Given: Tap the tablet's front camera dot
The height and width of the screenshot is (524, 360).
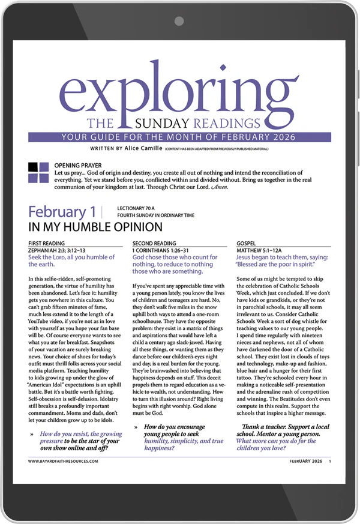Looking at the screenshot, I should pyautogui.click(x=179, y=21).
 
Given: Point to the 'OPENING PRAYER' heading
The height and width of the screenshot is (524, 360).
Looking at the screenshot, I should pyautogui.click(x=78, y=165).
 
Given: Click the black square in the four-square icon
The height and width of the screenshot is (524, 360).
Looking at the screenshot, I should pyautogui.click(x=33, y=167).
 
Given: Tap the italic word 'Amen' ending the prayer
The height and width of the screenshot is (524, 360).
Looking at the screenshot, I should pyautogui.click(x=221, y=187).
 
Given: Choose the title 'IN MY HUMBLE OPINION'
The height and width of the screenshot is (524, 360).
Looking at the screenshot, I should pyautogui.click(x=95, y=227).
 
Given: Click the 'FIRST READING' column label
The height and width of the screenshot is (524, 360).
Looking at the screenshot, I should pyautogui.click(x=47, y=244).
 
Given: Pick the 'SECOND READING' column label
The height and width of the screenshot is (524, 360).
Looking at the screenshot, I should pyautogui.click(x=155, y=244).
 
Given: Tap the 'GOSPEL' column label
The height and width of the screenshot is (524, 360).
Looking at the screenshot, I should pyautogui.click(x=248, y=244).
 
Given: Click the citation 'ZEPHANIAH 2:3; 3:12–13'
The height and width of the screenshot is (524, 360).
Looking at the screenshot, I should pyautogui.click(x=57, y=250).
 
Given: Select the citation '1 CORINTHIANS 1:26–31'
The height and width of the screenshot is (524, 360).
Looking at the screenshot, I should pyautogui.click(x=161, y=250).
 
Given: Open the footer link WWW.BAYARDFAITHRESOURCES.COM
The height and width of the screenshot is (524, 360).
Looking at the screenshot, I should pyautogui.click(x=63, y=462).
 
